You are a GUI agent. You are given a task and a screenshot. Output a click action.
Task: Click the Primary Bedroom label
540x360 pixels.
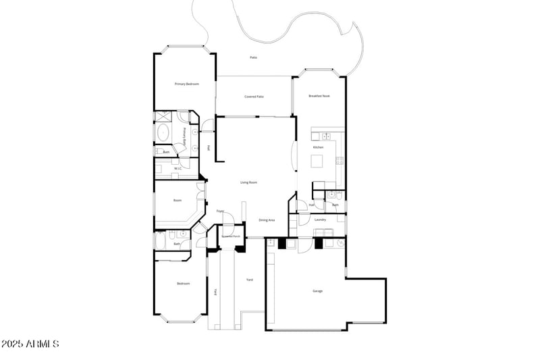tap(187, 84)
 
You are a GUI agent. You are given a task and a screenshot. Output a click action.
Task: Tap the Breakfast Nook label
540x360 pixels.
tap(319, 96)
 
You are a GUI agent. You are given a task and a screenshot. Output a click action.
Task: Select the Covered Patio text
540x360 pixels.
tap(254, 97)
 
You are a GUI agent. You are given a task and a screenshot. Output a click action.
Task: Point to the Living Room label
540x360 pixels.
tap(249, 182)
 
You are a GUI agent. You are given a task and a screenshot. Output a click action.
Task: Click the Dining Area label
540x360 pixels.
tap(267, 220)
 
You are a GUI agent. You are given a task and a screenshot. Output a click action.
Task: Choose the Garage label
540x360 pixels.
tap(317, 291)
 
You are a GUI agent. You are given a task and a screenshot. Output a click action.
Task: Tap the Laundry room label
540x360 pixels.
tap(321, 220)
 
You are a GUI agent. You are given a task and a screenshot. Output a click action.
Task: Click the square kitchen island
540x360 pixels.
tap(317, 161)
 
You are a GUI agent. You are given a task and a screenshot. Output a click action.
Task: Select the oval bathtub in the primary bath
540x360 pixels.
tap(163, 132)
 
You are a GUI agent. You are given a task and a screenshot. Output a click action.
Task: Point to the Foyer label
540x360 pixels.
tap(220, 211)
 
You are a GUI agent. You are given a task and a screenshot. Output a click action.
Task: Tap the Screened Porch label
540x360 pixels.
tap(232, 236)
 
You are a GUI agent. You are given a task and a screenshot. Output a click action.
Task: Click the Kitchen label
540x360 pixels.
tap(318, 147)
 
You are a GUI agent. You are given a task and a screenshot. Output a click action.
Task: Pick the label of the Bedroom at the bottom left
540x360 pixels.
tap(183, 284)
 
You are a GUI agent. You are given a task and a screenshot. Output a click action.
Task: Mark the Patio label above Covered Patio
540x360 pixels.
tap(253, 57)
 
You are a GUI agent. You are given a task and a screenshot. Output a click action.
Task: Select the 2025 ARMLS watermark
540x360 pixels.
tap(30, 344)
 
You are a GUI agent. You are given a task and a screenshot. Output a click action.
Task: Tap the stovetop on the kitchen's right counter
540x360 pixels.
tap(340, 161)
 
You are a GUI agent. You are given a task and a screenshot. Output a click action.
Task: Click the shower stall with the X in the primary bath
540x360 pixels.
tap(183, 116)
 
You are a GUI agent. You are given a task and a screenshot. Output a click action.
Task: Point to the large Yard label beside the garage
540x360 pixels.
tap(250, 279)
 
